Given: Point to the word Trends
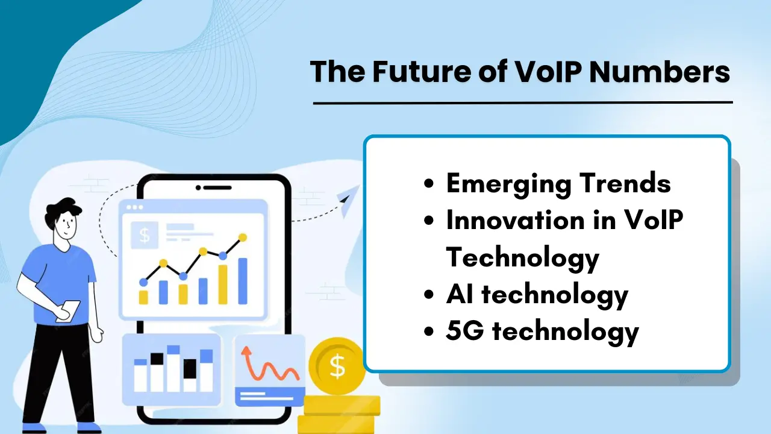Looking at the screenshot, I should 629,183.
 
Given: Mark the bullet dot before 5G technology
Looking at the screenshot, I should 429,332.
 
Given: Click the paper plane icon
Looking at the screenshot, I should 348,200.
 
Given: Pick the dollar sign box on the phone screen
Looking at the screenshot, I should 145,234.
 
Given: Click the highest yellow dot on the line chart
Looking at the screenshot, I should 243,237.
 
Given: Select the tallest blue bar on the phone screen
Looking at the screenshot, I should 243,281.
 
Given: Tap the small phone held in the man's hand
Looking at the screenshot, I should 67,310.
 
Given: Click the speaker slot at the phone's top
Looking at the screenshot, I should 213,187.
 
